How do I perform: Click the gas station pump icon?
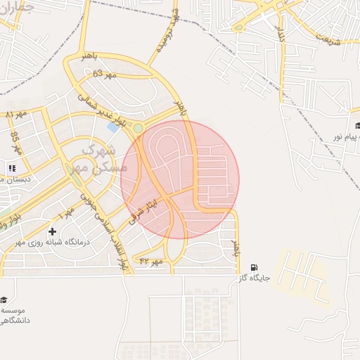coord(254,267)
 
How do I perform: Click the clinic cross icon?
coord(52,231)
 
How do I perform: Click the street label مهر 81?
coord(15,113)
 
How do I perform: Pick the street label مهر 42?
coord(151,261)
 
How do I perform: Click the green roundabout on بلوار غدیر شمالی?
coord(139,128)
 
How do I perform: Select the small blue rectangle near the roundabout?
coord(113,128)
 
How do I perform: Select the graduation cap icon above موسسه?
coord(4,300)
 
